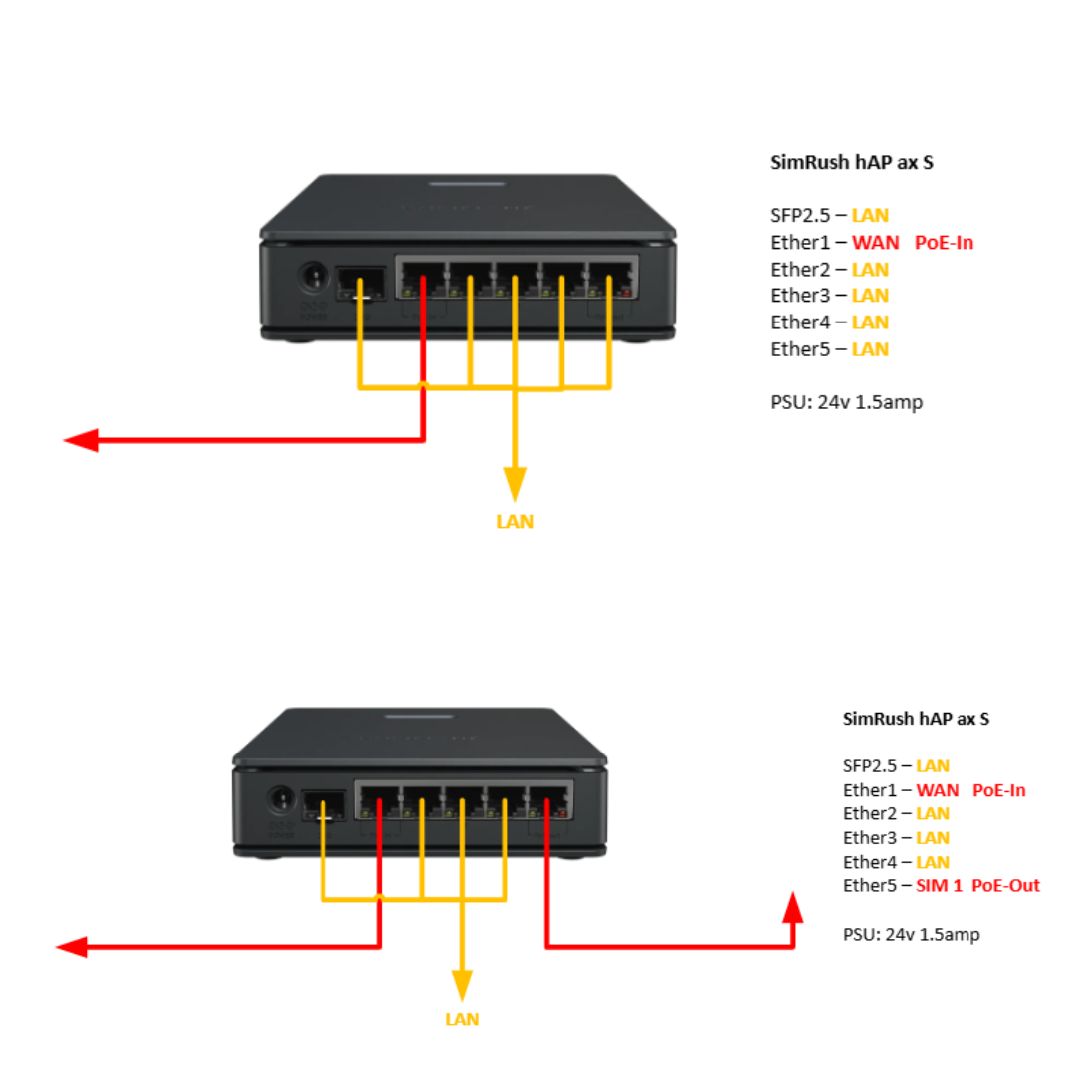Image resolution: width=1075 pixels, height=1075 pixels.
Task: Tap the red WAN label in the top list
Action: (876, 242)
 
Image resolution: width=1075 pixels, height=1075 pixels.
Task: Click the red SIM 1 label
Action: (939, 885)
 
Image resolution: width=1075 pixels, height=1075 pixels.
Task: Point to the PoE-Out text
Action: (1005, 885)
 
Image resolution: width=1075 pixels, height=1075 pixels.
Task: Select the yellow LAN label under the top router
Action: (515, 521)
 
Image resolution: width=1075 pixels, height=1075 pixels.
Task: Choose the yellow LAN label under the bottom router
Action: (462, 1019)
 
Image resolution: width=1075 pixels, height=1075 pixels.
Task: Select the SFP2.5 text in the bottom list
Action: (870, 765)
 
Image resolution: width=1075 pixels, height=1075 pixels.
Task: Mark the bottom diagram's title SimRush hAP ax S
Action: (916, 718)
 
